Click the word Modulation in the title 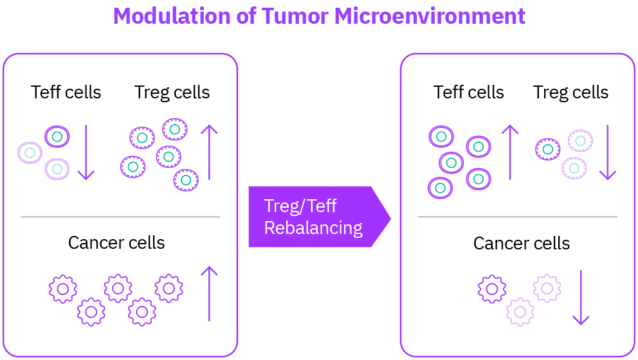point(172,16)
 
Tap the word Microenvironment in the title point(430,16)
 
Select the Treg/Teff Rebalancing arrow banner point(320,217)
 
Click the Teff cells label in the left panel point(66,92)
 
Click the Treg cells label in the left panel point(172,93)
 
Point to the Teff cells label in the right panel point(469,92)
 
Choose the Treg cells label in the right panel point(571,93)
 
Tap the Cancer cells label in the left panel point(116,243)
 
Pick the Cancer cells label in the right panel point(522,243)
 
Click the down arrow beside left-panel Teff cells point(86,152)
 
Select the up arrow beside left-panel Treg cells point(209,152)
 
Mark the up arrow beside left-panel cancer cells point(209,294)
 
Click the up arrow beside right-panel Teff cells point(510,152)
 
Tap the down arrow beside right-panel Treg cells point(608,152)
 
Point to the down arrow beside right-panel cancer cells point(581,298)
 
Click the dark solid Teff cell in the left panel point(57,136)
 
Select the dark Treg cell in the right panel point(548,149)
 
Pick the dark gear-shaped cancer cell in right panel point(492,289)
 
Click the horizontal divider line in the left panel point(120,217)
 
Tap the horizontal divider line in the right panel point(518,217)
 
